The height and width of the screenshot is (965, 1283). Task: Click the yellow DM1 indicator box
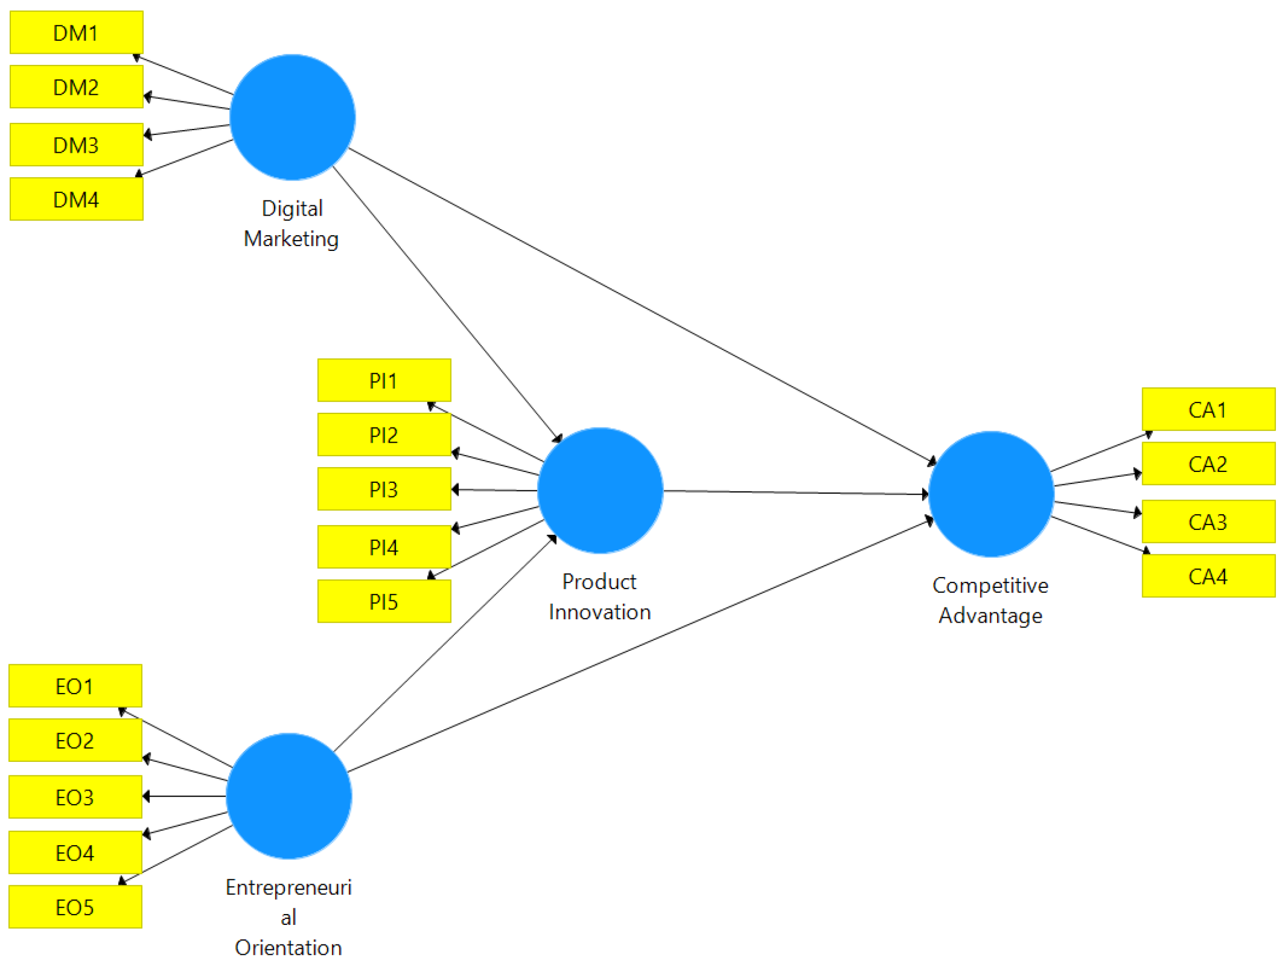[x=76, y=33]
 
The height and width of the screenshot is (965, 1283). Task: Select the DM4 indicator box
[x=76, y=199]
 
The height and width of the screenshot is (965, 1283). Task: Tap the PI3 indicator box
[x=384, y=489]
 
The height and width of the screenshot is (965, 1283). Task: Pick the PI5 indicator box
[x=384, y=601]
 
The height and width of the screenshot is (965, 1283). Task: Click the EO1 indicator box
[x=75, y=686]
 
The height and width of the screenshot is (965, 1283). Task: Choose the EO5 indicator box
[x=75, y=907]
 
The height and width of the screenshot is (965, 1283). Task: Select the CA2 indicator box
[x=1208, y=464]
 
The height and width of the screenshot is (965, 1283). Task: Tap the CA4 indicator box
[x=1208, y=576]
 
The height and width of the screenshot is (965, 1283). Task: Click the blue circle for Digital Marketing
[x=292, y=117]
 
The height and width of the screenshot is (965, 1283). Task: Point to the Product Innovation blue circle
[x=600, y=490]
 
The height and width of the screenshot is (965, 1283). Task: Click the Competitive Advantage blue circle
[x=991, y=494]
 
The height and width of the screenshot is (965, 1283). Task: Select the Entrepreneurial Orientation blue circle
[x=289, y=796]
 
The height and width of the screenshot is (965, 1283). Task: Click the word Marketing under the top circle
[x=291, y=239]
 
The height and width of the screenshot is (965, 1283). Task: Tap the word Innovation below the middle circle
[x=600, y=612]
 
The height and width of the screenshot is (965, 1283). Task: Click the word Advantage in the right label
[x=991, y=616]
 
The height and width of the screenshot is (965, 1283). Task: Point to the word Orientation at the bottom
[x=288, y=948]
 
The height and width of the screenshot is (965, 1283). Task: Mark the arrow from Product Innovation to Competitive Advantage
[x=796, y=493]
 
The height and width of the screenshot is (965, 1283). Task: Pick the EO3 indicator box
[x=75, y=797]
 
